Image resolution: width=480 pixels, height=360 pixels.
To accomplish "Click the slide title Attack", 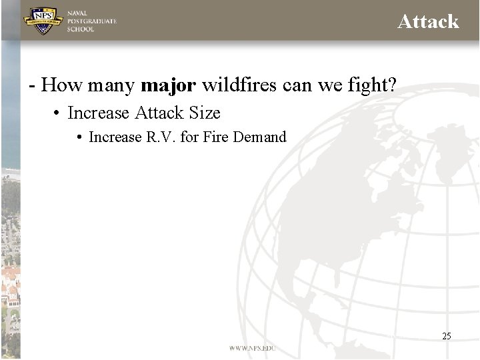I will point(428,21).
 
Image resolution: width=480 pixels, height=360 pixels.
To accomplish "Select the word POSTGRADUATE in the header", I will point(92,21).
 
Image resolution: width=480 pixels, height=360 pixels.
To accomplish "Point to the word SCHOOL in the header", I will point(81,29).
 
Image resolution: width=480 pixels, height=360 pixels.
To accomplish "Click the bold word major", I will point(169,85).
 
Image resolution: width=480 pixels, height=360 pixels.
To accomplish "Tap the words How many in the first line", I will point(88,85).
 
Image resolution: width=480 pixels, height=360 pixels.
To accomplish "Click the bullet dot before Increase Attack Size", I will point(58,113).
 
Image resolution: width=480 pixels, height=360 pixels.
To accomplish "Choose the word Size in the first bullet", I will point(205,113).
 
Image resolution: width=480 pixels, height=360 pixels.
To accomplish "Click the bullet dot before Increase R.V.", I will point(79,137).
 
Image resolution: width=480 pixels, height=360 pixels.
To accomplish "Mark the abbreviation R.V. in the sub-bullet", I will point(161,137).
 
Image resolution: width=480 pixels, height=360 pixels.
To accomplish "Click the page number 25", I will point(447,336).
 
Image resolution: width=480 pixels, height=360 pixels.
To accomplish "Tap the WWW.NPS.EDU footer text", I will point(252,348).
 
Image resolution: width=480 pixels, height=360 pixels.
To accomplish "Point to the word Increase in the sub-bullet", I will point(115,137).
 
